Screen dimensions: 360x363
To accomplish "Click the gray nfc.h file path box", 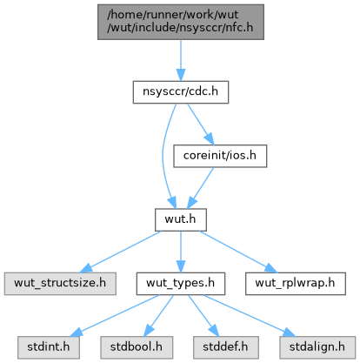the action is point(181,22).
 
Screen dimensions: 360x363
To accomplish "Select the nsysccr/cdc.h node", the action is point(181,92).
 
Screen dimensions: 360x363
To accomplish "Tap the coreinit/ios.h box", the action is point(220,156).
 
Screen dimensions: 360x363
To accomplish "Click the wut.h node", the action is point(181,219).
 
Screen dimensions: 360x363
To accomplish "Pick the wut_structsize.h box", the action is point(60,284).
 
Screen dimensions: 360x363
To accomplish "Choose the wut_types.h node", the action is point(181,284).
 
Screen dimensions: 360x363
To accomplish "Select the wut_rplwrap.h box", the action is point(296,284).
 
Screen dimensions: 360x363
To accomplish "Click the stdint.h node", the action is point(49,347).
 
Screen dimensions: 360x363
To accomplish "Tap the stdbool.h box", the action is point(137,347).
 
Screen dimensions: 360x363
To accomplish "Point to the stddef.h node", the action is point(226,347).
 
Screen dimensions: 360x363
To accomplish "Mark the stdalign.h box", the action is point(317,347).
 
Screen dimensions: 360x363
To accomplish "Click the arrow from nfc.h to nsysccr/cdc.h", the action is point(181,60).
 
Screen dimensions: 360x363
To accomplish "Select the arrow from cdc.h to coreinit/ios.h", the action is point(200,124).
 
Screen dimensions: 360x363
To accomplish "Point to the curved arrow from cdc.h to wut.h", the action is point(163,156).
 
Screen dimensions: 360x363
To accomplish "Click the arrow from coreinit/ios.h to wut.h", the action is point(200,188).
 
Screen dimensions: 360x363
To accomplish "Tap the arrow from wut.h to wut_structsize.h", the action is point(120,252).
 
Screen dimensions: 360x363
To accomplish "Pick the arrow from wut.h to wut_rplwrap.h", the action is point(238,252).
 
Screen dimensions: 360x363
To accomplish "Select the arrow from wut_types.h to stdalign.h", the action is point(249,316).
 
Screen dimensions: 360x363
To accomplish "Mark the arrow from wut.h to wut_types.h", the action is point(181,252).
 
